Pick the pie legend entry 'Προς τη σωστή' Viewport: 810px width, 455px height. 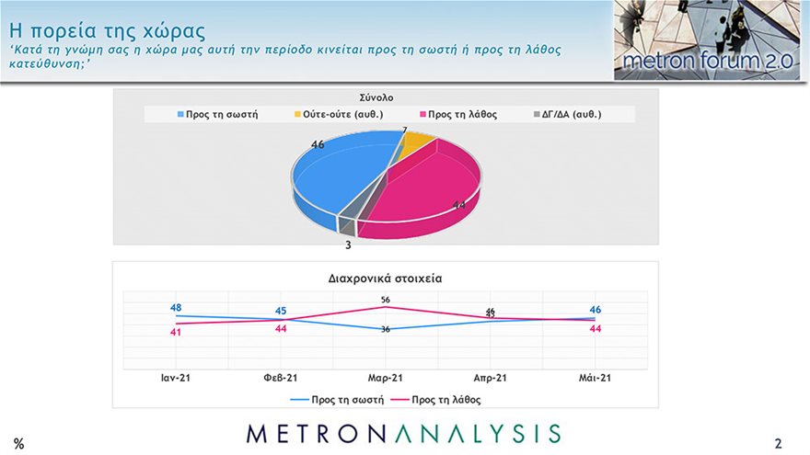coord(217,115)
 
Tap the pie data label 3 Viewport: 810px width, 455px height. coord(348,245)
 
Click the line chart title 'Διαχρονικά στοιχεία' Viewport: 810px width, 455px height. coord(386,277)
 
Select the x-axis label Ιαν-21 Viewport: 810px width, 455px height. coord(176,378)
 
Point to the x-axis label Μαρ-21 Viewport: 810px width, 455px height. coord(386,378)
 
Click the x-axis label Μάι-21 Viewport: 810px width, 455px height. coord(595,378)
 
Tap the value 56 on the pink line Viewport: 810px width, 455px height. coord(386,300)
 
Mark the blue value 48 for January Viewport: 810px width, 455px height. coord(176,308)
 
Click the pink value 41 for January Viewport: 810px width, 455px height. coord(176,332)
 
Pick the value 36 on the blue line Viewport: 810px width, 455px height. coord(386,329)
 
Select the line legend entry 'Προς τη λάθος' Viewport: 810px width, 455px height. coord(445,400)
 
